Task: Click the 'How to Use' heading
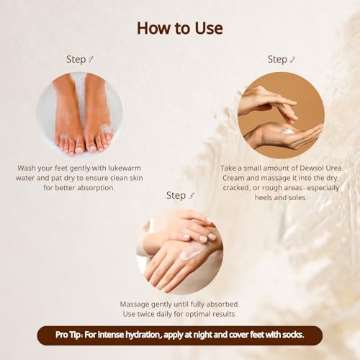coord(180,28)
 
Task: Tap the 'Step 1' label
coord(80,59)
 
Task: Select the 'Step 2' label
coord(281,59)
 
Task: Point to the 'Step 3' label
coord(180,195)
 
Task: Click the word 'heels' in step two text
coord(264,197)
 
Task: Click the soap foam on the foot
coord(106,130)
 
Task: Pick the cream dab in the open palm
coord(287,131)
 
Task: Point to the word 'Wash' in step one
coord(27,168)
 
